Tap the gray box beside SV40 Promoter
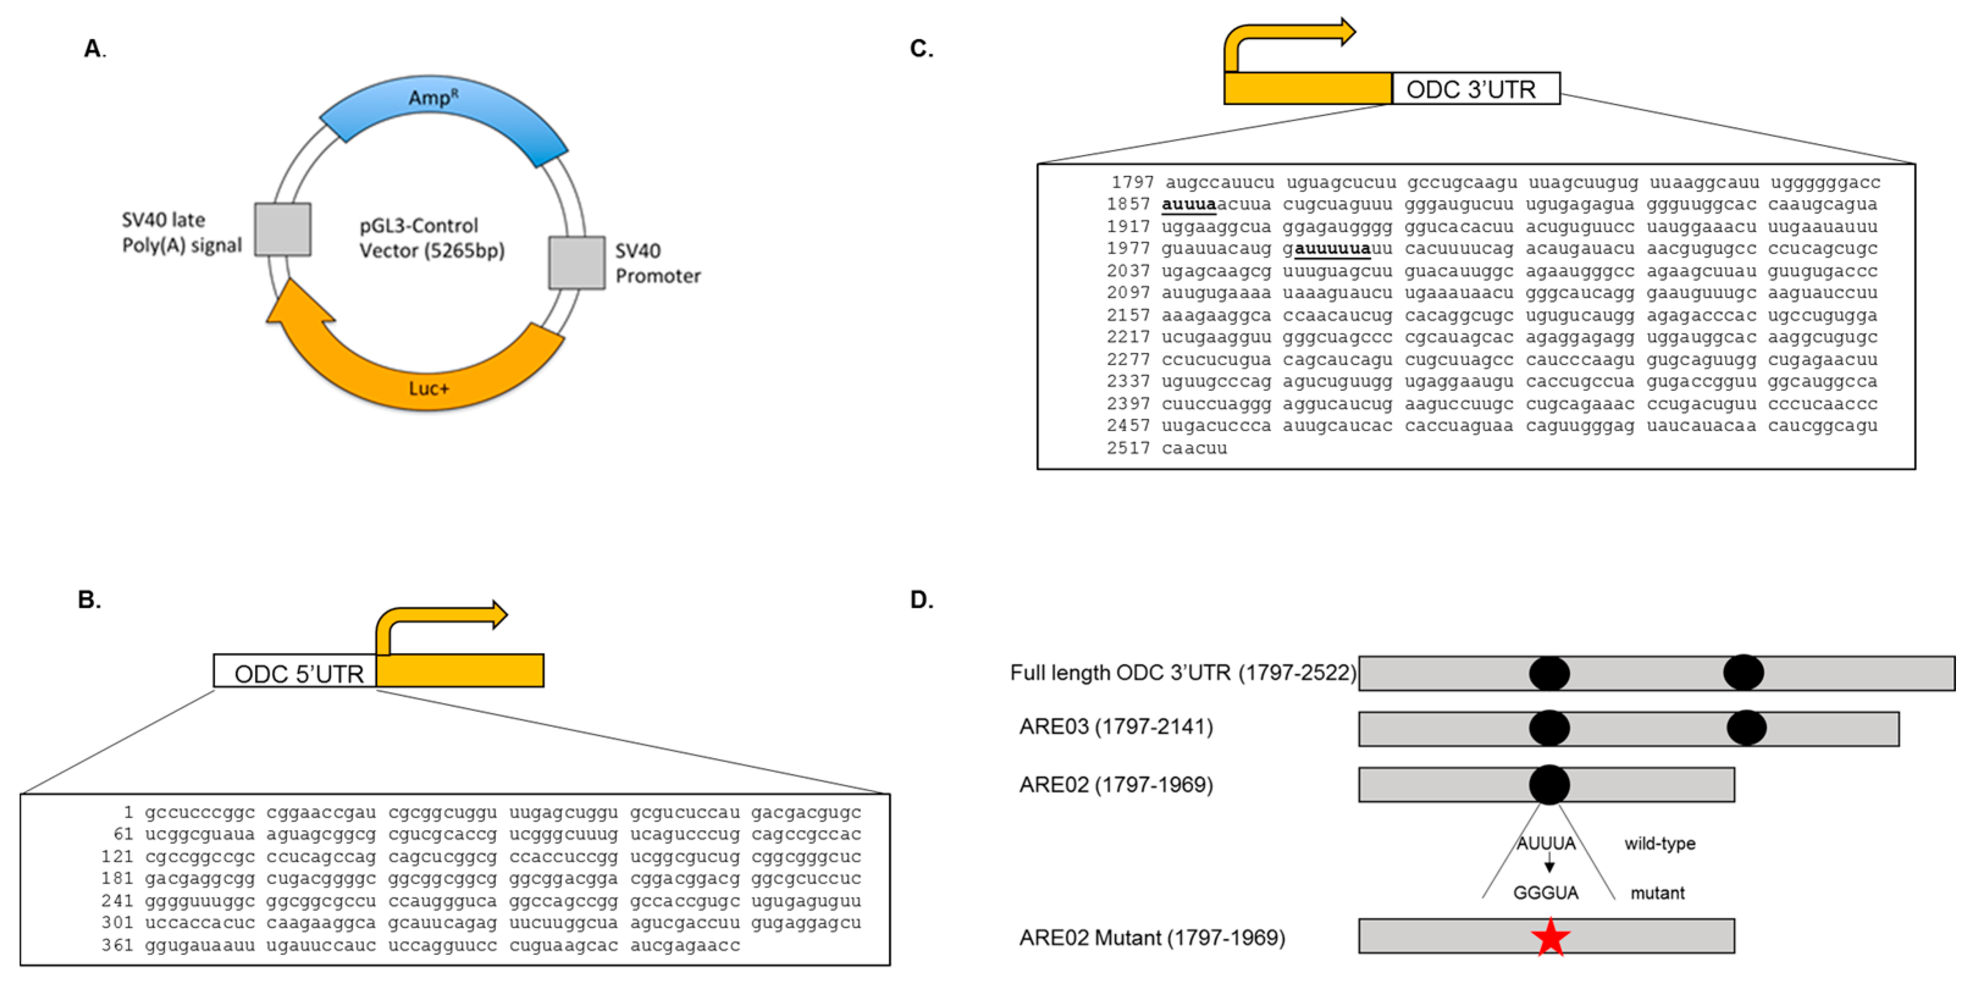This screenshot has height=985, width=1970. click(x=577, y=262)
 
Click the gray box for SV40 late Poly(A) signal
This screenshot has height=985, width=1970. click(x=282, y=229)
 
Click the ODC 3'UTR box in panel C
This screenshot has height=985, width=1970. click(x=1475, y=88)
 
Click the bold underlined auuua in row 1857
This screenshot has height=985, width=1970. click(x=1188, y=204)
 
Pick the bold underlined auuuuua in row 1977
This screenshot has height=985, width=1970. click(x=1332, y=248)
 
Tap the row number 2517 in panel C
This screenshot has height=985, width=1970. click(x=1127, y=448)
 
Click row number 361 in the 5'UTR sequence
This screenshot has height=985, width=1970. click(x=117, y=945)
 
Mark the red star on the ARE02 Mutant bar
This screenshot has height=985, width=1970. click(x=1550, y=937)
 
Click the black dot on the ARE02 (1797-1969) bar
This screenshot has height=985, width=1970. click(x=1549, y=785)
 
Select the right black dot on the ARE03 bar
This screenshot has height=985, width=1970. click(x=1746, y=728)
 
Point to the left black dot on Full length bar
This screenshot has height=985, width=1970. click(x=1549, y=674)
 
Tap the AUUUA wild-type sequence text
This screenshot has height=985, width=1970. click(x=1546, y=843)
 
